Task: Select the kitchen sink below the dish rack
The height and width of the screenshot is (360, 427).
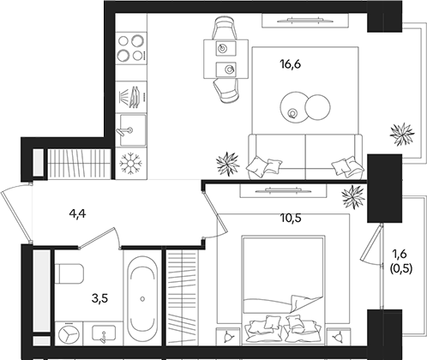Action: point(131,129)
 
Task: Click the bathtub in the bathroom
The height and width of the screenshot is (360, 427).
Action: point(141,299)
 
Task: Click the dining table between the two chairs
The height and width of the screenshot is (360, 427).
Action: point(225,60)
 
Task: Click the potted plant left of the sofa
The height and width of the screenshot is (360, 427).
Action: point(228,161)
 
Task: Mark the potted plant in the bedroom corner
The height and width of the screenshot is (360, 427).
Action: point(353,199)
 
